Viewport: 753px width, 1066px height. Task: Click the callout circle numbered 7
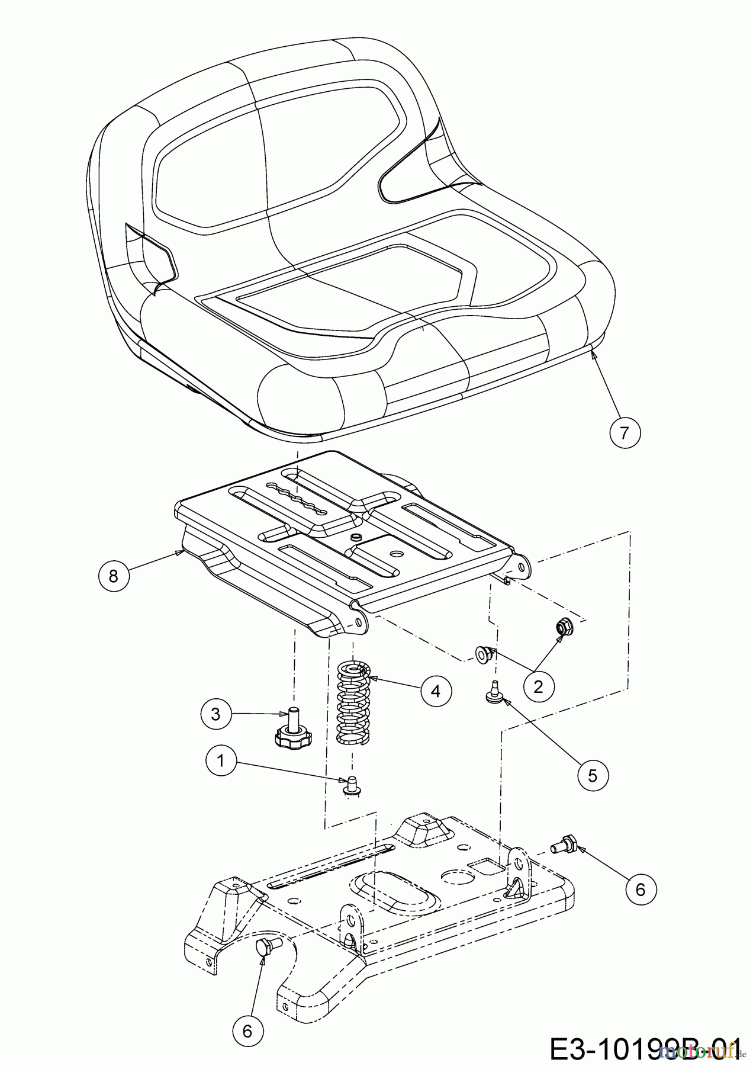click(625, 434)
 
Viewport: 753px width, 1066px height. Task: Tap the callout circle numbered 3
click(215, 714)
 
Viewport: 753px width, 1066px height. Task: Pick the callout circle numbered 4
click(436, 691)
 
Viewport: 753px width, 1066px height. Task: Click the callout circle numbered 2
click(538, 687)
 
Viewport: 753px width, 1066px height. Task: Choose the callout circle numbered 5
click(593, 775)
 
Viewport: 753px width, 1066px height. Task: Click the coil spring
click(353, 702)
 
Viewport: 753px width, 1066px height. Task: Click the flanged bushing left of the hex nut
click(484, 654)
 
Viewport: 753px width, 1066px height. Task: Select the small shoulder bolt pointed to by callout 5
click(491, 693)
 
